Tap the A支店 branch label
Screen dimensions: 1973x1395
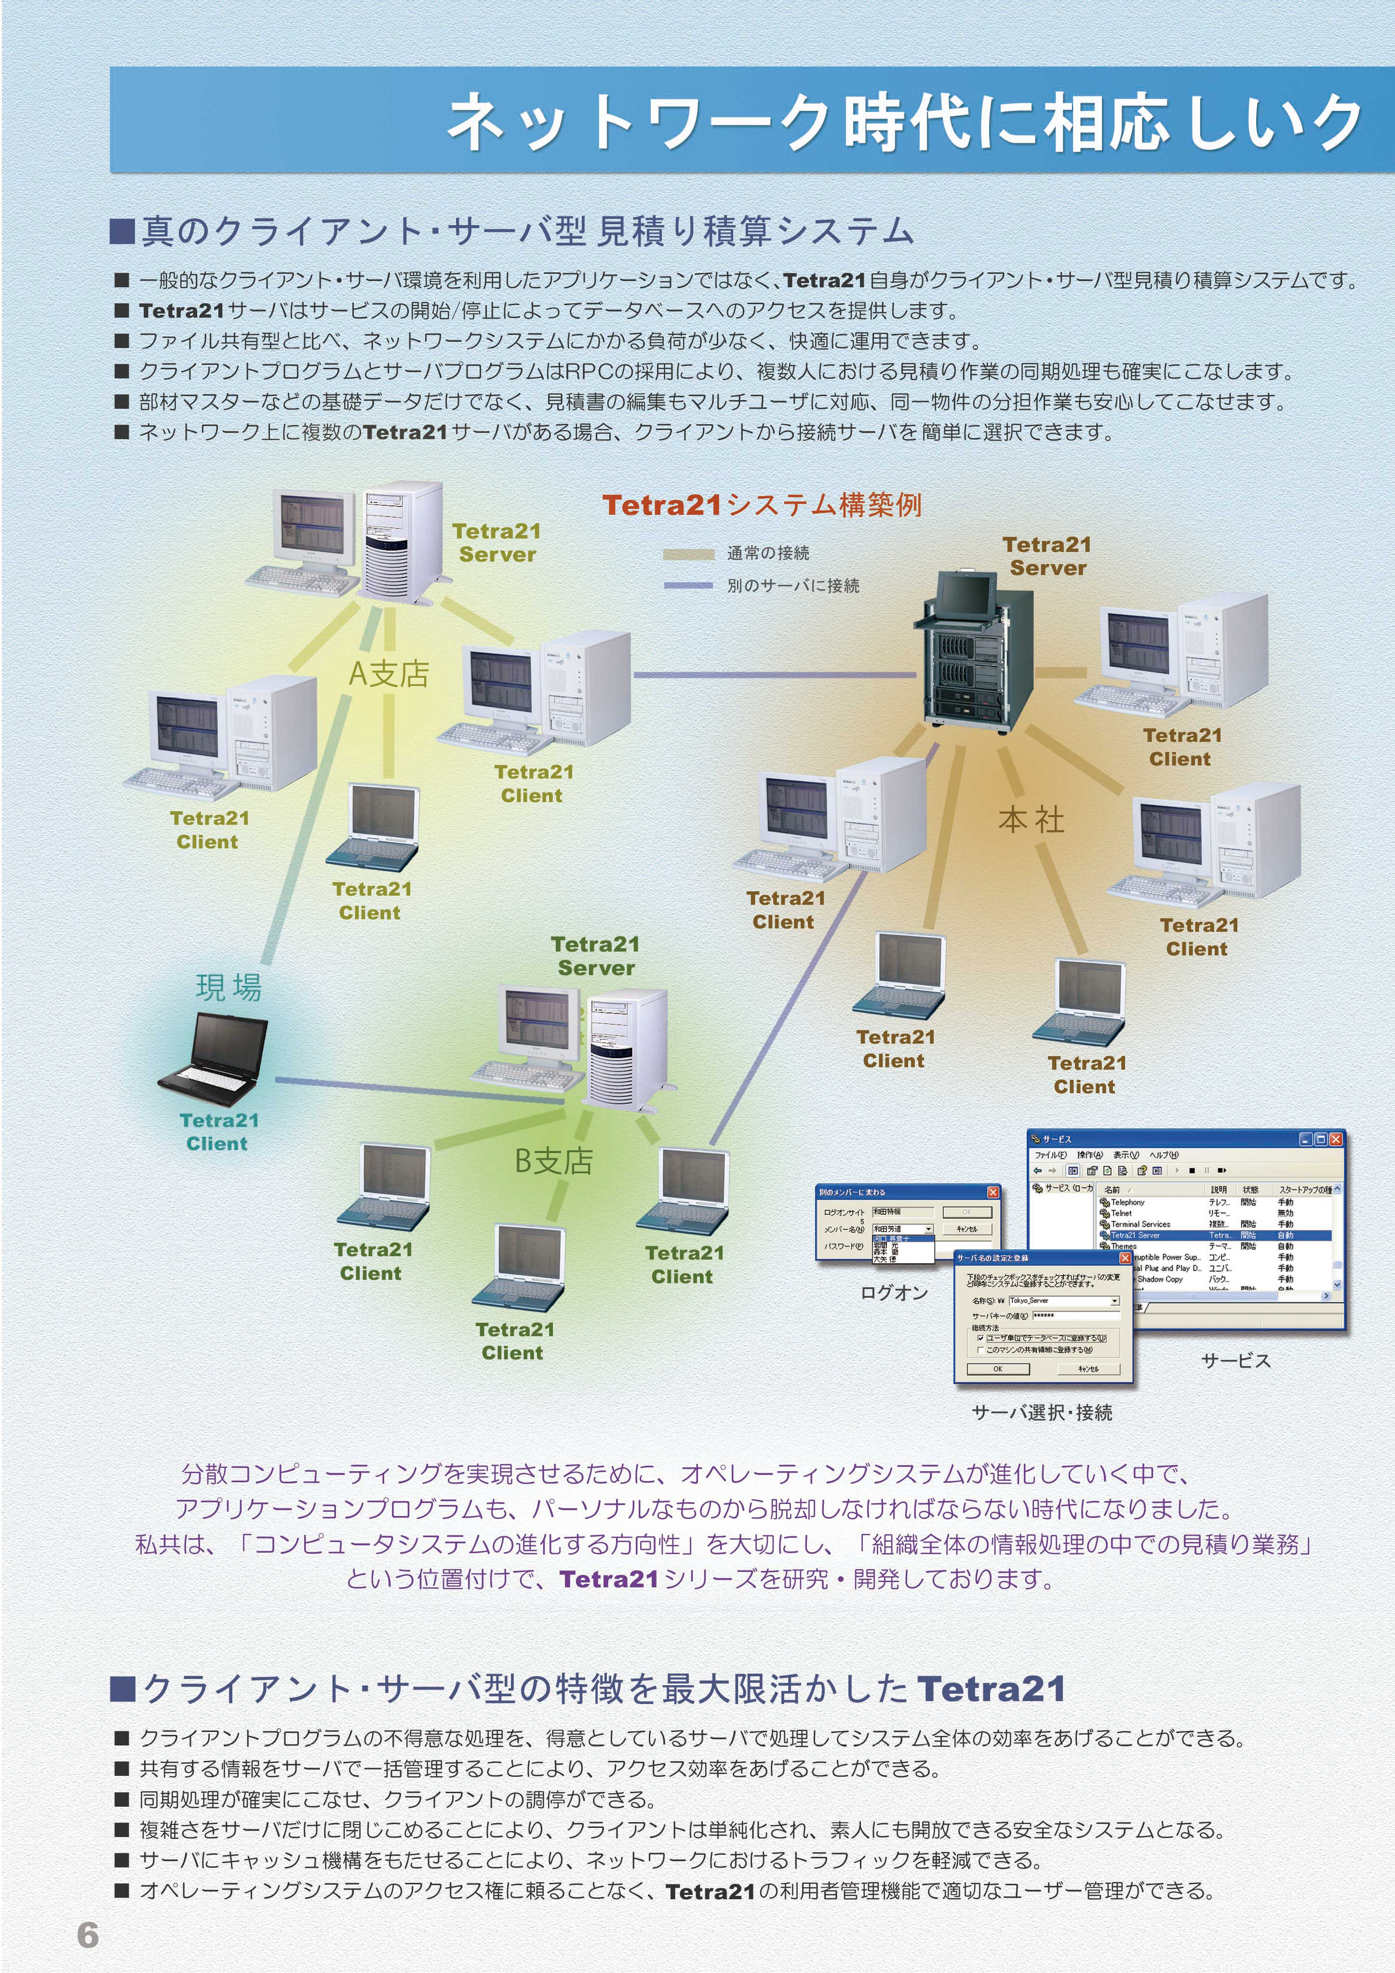pos(389,674)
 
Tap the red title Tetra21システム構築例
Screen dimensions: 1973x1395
pos(762,505)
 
